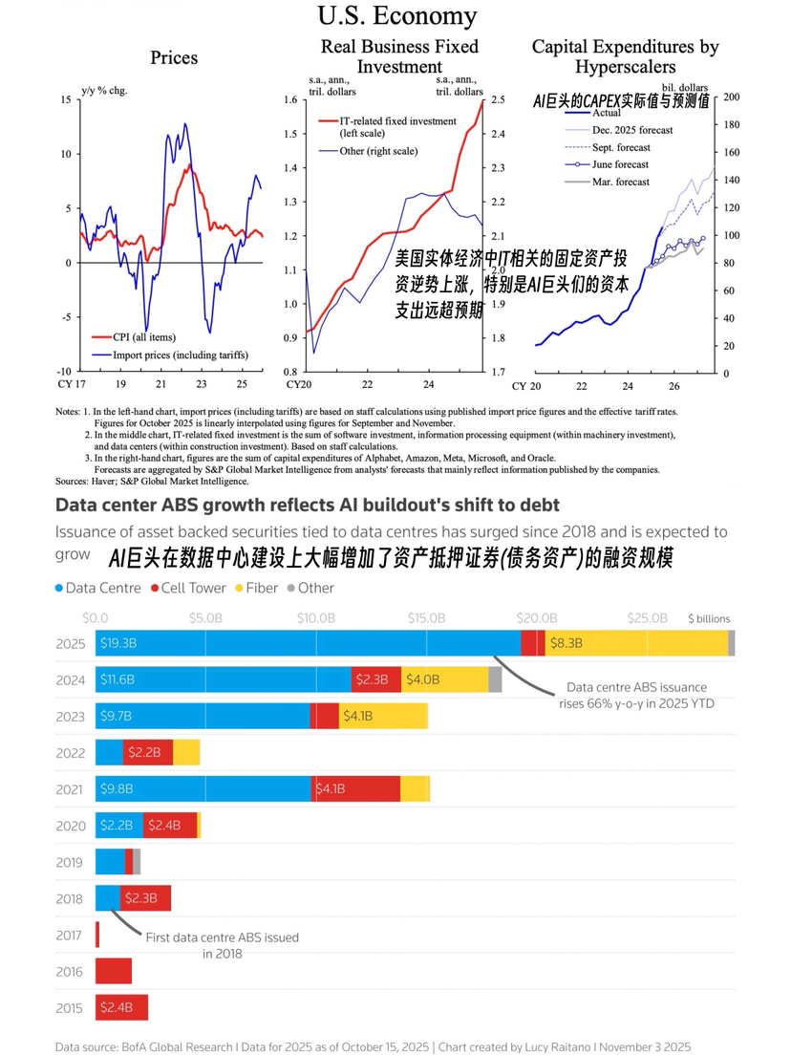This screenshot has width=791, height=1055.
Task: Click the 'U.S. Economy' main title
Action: pos(396,16)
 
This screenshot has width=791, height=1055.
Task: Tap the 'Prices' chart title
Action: pos(174,57)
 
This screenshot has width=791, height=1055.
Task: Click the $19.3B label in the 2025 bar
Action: pos(118,644)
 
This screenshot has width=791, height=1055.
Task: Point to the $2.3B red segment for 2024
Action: pos(372,680)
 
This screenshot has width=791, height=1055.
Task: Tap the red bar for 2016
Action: pos(114,971)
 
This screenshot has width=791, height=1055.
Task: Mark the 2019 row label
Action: pos(71,862)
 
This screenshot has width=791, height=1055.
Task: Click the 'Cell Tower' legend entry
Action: pos(194,588)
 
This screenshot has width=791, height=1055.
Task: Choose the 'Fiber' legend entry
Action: pos(262,588)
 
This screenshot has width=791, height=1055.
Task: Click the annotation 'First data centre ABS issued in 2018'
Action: pos(222,945)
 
